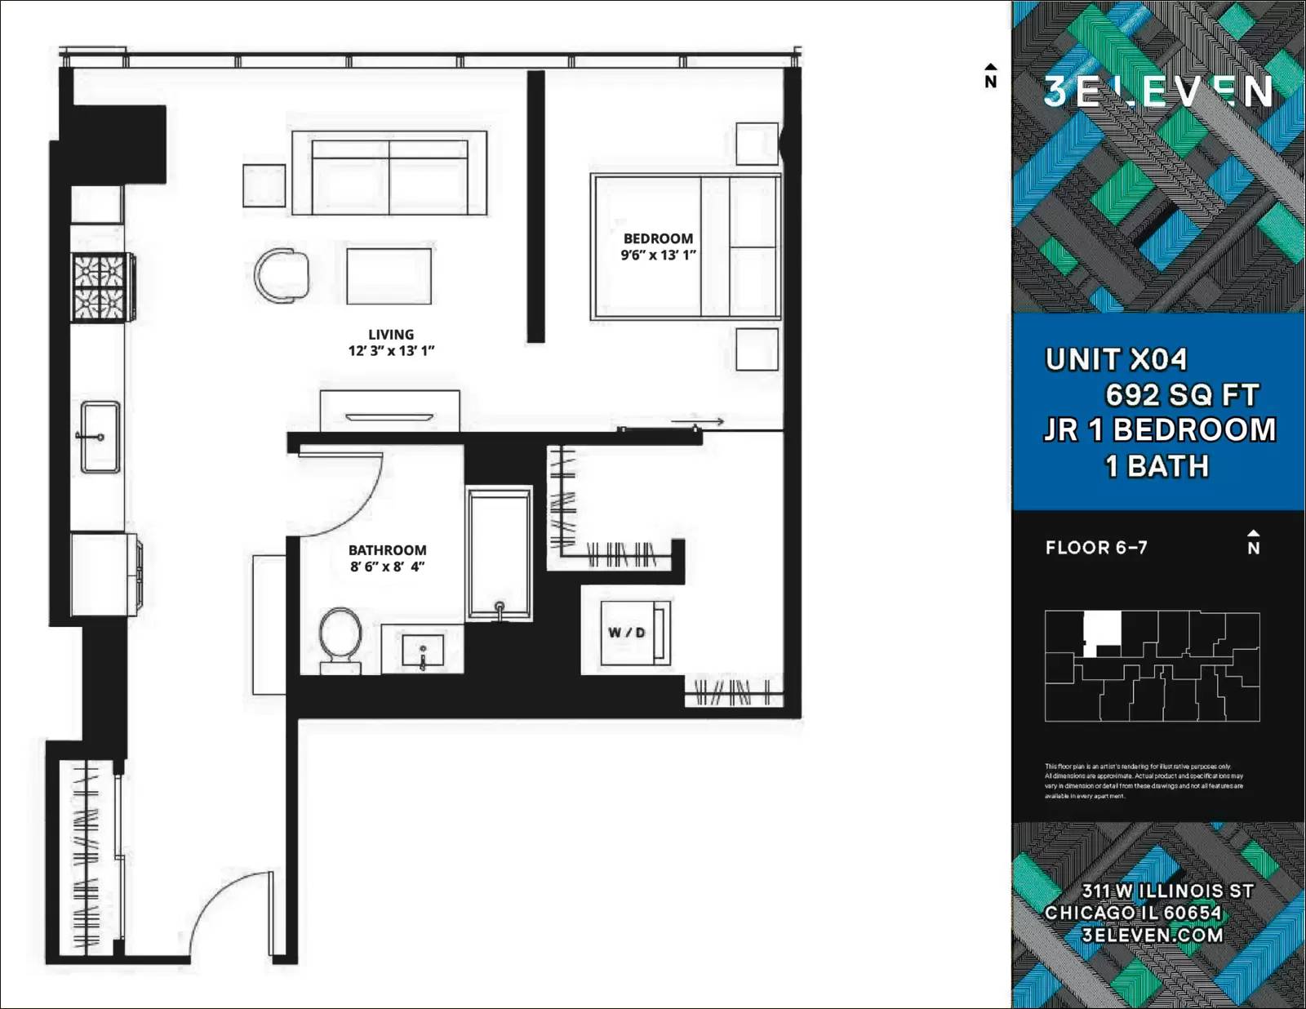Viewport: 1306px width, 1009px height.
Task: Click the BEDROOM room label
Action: [x=658, y=238]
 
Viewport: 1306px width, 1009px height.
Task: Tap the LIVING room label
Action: [x=390, y=335]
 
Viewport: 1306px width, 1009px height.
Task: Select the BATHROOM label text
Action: [x=387, y=550]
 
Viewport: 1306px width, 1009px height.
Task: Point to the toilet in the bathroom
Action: [x=340, y=638]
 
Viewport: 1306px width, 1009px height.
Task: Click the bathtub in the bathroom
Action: [x=499, y=553]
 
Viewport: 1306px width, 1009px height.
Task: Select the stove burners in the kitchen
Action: [x=103, y=287]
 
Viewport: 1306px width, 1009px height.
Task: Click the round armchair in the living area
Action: [x=282, y=275]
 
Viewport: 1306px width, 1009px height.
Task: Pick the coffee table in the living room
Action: [x=389, y=276]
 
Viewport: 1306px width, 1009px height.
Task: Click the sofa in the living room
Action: [x=389, y=173]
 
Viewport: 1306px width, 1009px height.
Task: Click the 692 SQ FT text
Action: [x=1181, y=395]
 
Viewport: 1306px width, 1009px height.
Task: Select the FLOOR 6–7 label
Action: [x=1096, y=548]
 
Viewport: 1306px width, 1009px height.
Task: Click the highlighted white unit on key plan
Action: [x=1101, y=630]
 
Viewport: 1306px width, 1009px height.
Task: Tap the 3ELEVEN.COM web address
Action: [x=1152, y=936]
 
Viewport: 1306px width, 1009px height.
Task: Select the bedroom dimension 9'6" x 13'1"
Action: [x=658, y=255]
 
